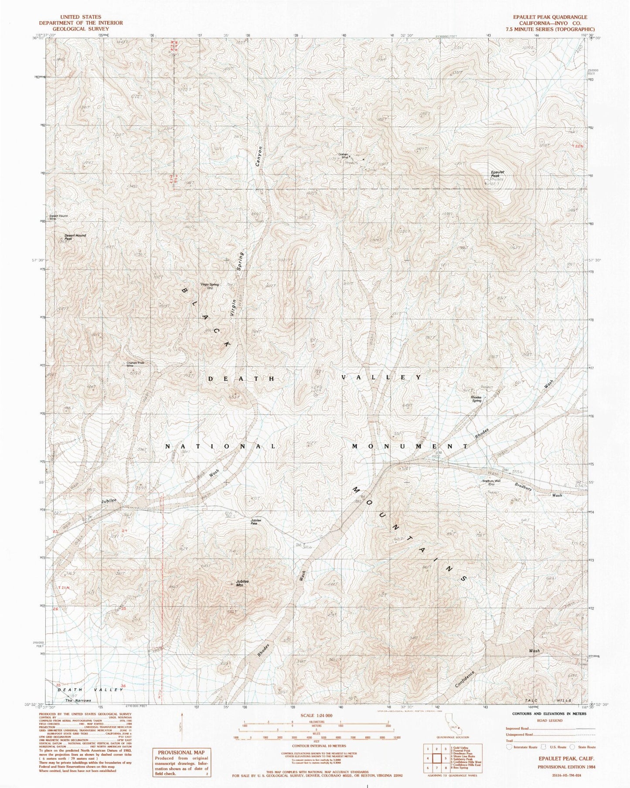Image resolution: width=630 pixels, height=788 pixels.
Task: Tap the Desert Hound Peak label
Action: tap(75, 237)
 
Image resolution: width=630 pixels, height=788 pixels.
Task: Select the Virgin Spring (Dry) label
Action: tap(209, 286)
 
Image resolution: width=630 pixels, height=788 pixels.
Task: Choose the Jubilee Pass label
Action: tap(256, 522)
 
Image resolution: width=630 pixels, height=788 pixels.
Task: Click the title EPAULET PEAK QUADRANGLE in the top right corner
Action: tap(550, 17)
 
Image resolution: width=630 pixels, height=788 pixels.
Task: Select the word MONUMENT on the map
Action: tap(410, 446)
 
